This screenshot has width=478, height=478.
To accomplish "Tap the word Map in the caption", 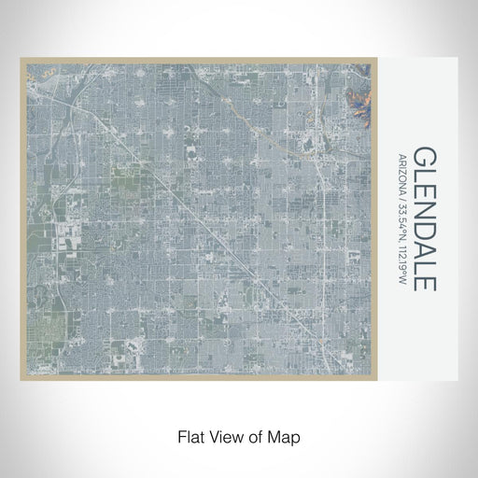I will point(284,436).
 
